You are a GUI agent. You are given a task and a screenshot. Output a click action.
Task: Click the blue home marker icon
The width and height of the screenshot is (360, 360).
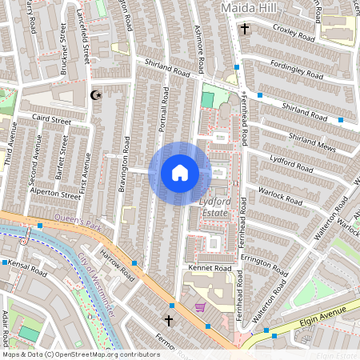point(180,173)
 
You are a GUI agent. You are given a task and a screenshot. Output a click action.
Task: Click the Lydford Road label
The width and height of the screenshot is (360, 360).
point(291,164)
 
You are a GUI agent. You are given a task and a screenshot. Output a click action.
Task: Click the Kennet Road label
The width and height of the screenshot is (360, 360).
point(209,267)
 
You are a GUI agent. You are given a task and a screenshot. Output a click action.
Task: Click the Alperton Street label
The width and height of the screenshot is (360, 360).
point(54,193)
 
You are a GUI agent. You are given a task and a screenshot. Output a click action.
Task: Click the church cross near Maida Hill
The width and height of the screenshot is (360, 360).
point(245,30)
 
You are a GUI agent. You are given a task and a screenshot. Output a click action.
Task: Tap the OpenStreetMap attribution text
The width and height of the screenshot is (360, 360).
point(81,354)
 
